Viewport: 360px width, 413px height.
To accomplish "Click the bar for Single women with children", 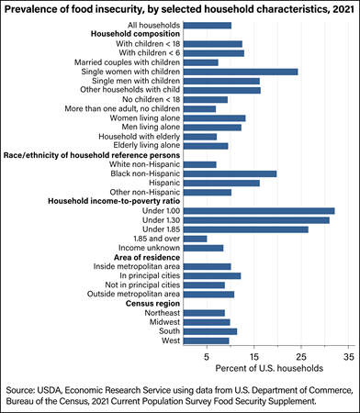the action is tap(241, 72).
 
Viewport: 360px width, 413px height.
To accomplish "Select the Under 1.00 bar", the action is tap(259, 211).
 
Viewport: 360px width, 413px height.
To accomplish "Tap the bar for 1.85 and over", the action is tap(196, 239).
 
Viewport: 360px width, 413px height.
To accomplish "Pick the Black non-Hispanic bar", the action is tap(231, 174).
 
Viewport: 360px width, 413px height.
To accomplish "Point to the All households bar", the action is tap(208, 26).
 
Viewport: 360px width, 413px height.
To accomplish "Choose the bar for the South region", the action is tap(210, 331).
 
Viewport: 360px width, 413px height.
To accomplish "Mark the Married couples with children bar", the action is tap(201, 62).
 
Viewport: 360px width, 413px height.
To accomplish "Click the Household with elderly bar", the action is tap(200, 137).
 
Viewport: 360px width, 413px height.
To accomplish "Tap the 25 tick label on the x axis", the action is tap(301, 357).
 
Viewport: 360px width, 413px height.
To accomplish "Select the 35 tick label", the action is tap(349, 357).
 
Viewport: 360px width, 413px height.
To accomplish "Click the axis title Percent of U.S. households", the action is tap(269, 368).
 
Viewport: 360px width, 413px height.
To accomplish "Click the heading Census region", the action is tap(152, 304).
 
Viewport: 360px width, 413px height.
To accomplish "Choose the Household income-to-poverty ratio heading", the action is tap(114, 201).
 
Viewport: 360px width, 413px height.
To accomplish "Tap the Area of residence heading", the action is tap(147, 257).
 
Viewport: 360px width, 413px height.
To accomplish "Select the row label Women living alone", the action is tap(145, 118).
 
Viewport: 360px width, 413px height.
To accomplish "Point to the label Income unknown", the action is tap(149, 248).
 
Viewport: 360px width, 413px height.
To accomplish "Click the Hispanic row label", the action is tap(164, 183).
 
